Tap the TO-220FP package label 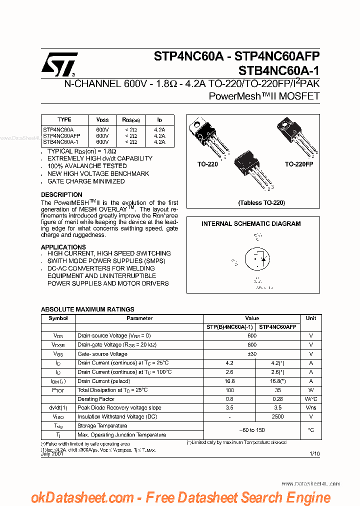(298, 164)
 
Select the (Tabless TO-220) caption (261, 203)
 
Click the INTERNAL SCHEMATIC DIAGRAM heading (251, 224)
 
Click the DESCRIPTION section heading (61, 194)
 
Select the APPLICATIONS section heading (63, 247)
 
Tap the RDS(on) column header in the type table (130, 120)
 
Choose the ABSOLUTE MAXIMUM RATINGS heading (87, 309)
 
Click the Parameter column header (139, 318)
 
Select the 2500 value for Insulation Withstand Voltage (277, 416)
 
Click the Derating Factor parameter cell (96, 399)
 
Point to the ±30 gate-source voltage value (252, 353)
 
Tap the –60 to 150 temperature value (252, 430)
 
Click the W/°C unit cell (311, 399)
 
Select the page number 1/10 (314, 453)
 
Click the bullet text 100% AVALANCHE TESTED (87, 166)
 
